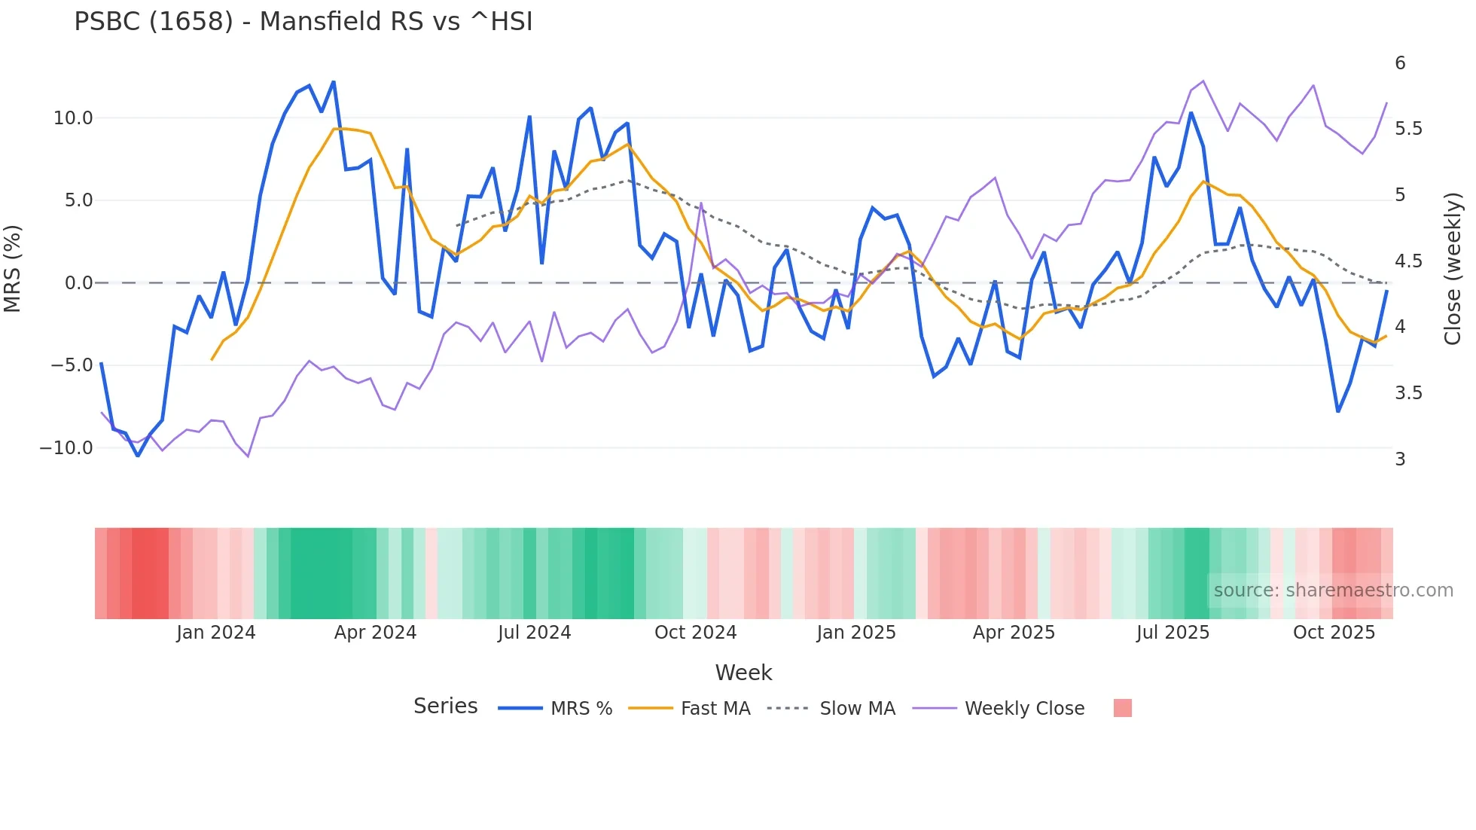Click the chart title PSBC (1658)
[x=303, y=22]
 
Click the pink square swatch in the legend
[x=1122, y=708]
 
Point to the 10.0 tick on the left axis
[x=73, y=118]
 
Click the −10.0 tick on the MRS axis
[x=66, y=448]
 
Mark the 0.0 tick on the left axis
[x=79, y=283]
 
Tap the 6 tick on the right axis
[x=1400, y=63]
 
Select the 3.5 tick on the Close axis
[x=1408, y=393]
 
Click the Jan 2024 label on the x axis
[x=216, y=633]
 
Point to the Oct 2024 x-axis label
[x=695, y=633]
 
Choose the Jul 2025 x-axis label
[x=1173, y=633]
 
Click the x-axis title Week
[x=743, y=673]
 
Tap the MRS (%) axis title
[x=13, y=268]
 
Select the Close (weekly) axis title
[x=1453, y=268]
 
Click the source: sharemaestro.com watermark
[x=1333, y=590]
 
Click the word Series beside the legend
[x=445, y=706]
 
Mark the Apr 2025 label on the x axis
[x=1014, y=633]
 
